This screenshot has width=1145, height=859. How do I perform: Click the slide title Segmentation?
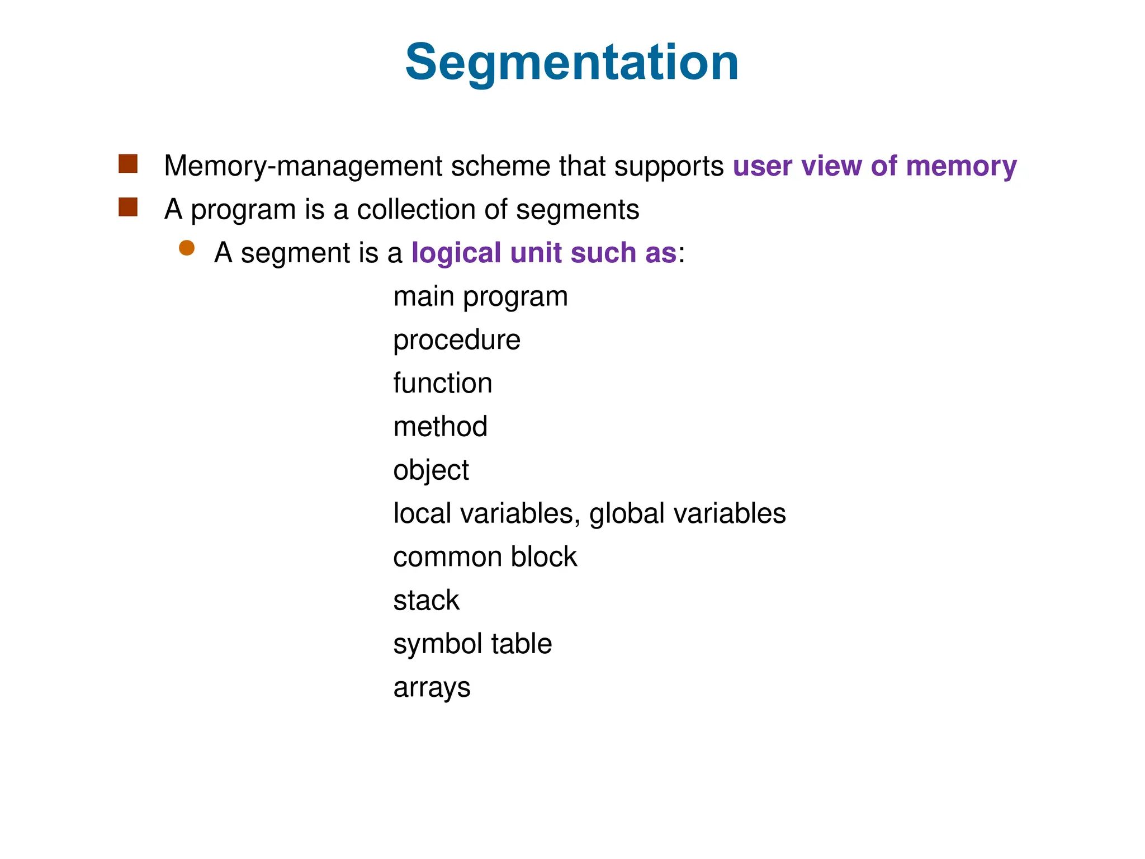click(572, 63)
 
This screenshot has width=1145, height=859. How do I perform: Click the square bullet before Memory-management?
click(128, 164)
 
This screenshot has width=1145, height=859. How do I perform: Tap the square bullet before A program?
click(128, 207)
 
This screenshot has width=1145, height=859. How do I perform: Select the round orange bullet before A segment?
click(187, 248)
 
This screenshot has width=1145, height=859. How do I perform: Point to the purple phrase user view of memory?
click(874, 167)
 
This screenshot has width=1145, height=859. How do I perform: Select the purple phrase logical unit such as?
click(543, 253)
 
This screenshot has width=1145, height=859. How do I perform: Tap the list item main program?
click(480, 296)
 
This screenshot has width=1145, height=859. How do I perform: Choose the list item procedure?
click(456, 340)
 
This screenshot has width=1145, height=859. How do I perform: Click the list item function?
click(442, 384)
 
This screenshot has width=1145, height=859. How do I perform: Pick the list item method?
click(440, 427)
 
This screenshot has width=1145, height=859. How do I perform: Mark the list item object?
click(430, 470)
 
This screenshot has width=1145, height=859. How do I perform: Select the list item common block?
click(485, 557)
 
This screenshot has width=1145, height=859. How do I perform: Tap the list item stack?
click(426, 601)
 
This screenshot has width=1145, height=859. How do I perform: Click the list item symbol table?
click(472, 644)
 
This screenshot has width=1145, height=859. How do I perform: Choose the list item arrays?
click(432, 687)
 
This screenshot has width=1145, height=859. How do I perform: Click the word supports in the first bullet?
click(669, 167)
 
